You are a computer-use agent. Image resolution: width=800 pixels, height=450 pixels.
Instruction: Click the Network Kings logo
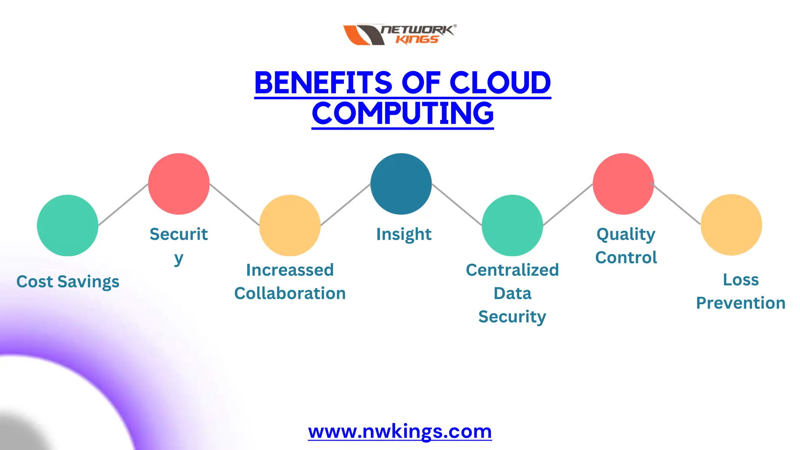tap(399, 35)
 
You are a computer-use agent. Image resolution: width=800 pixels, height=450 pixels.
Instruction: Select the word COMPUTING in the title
tap(403, 114)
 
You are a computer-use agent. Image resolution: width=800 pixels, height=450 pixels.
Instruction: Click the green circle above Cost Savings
tap(68, 225)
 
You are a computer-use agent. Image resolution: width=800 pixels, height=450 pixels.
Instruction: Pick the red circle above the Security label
tap(179, 184)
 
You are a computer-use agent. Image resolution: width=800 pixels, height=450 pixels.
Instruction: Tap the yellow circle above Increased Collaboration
tap(290, 225)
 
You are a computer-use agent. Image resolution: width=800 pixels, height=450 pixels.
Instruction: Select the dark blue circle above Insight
tap(401, 184)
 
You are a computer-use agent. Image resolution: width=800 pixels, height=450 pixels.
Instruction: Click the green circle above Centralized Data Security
tap(512, 225)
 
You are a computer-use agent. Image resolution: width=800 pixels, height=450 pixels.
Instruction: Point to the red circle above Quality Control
tap(623, 184)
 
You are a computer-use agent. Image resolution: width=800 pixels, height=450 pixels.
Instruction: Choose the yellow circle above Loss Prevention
tap(731, 225)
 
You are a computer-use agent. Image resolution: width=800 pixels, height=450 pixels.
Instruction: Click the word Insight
tap(404, 234)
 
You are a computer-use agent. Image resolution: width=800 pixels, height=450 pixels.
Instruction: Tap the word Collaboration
tap(290, 293)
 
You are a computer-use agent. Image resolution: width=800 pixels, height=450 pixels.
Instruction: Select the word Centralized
tap(512, 270)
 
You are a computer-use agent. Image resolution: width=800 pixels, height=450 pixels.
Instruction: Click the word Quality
tap(626, 234)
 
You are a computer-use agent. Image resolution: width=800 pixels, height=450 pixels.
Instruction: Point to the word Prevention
tap(741, 303)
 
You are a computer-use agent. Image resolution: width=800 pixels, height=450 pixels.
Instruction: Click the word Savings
tap(88, 282)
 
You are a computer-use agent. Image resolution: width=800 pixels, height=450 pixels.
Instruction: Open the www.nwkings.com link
tap(400, 432)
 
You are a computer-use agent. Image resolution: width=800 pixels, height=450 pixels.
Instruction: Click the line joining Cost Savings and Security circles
tap(123, 205)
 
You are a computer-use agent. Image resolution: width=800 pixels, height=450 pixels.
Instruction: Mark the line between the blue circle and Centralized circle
tap(456, 204)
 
